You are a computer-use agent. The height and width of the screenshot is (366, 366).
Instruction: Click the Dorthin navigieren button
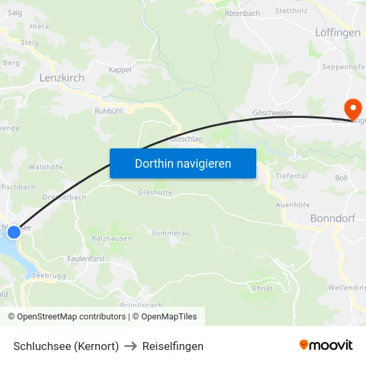(x=183, y=163)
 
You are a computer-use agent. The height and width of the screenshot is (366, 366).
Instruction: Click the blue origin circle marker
(x=13, y=232)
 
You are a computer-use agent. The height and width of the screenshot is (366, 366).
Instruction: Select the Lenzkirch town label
(x=62, y=78)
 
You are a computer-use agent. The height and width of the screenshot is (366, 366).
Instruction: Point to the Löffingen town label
(x=337, y=32)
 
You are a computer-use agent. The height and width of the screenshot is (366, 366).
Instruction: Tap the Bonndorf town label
(x=333, y=218)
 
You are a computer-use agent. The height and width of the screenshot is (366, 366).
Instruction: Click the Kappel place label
(x=120, y=69)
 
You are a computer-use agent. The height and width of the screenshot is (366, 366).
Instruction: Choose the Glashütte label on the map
(x=155, y=192)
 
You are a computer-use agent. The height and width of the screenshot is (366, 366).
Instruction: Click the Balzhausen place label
(x=111, y=238)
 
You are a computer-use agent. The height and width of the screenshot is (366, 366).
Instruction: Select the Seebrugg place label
(x=48, y=275)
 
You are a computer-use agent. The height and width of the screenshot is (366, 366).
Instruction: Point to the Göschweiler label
(x=273, y=113)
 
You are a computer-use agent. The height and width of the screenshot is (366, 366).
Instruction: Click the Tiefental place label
(x=291, y=176)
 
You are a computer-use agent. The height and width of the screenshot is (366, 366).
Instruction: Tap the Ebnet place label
(x=263, y=288)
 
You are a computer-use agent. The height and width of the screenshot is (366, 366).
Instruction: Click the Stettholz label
(x=292, y=11)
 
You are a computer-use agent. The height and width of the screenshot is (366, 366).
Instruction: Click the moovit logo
(x=325, y=345)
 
